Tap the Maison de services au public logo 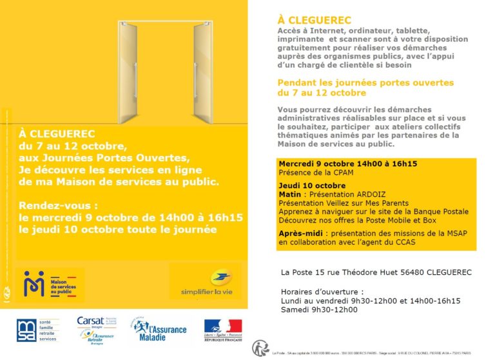[52, 284]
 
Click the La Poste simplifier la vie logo [205, 282]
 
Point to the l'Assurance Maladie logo [158, 330]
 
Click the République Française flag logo [222, 330]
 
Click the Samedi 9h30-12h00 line [318, 310]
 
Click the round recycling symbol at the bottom [259, 348]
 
